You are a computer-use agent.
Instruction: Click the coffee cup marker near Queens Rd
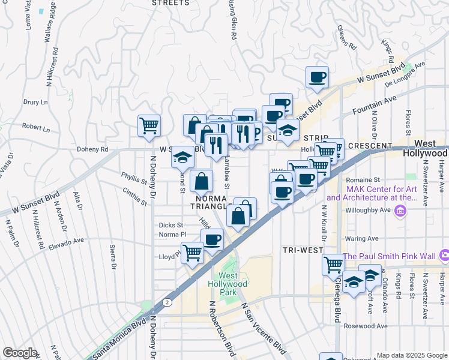(x=317, y=77)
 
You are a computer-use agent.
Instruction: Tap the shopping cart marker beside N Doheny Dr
(x=149, y=125)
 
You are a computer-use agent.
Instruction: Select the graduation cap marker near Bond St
(x=182, y=157)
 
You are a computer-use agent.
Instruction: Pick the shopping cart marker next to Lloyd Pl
(x=192, y=253)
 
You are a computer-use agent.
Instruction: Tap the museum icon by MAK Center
(x=401, y=211)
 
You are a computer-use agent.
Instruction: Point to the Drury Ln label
(x=35, y=102)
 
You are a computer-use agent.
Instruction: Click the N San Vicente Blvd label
(x=262, y=327)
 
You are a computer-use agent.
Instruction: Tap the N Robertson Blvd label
(x=221, y=328)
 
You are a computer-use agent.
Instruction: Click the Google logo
(x=20, y=353)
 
